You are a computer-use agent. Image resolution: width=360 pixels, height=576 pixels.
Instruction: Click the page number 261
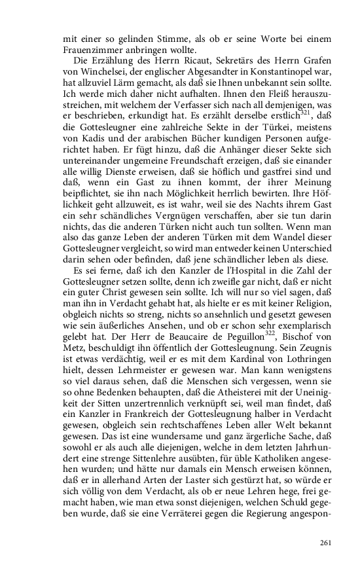pos(327,543)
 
